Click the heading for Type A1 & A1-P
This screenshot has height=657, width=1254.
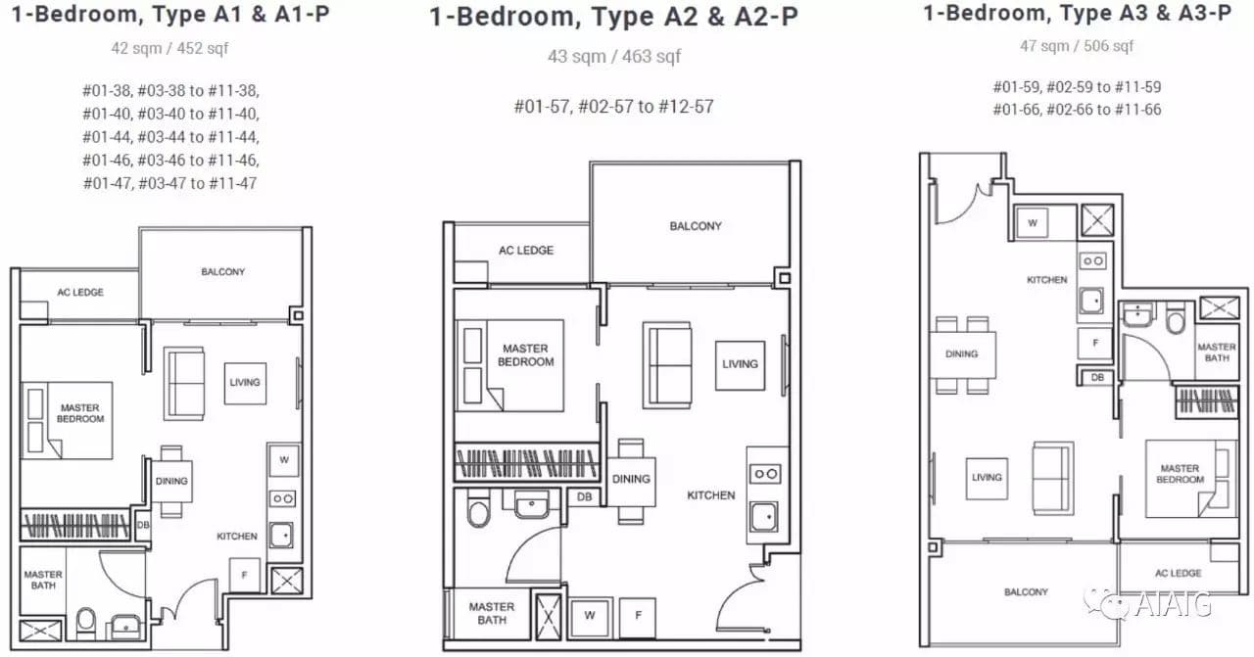coord(170,14)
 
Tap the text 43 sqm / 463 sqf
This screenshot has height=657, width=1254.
coord(614,56)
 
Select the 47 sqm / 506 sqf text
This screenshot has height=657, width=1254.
coord(1077,46)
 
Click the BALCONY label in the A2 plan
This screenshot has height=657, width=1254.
coord(696,226)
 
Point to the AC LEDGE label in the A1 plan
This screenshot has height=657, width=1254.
coord(80,292)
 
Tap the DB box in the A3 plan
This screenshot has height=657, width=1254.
coord(1097,377)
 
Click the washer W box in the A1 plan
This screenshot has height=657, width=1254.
coord(284,460)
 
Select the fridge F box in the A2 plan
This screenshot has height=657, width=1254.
coord(638,616)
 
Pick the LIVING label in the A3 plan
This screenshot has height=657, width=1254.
coord(987,478)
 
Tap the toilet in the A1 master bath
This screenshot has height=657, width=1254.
coord(85,623)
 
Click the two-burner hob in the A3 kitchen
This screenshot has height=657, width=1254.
coord(1092,260)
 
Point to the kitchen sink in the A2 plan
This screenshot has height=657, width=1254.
coord(763,517)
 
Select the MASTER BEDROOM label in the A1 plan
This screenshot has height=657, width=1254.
coord(80,413)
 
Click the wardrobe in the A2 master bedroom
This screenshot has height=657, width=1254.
coord(526,463)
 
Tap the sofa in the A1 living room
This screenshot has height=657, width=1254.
coord(184,384)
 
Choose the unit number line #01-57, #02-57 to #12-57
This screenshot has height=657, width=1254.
coord(614,107)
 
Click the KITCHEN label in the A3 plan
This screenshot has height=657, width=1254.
coord(1047,280)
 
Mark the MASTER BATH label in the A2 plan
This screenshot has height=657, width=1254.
coord(492,613)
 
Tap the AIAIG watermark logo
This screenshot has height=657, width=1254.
coord(1147,603)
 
